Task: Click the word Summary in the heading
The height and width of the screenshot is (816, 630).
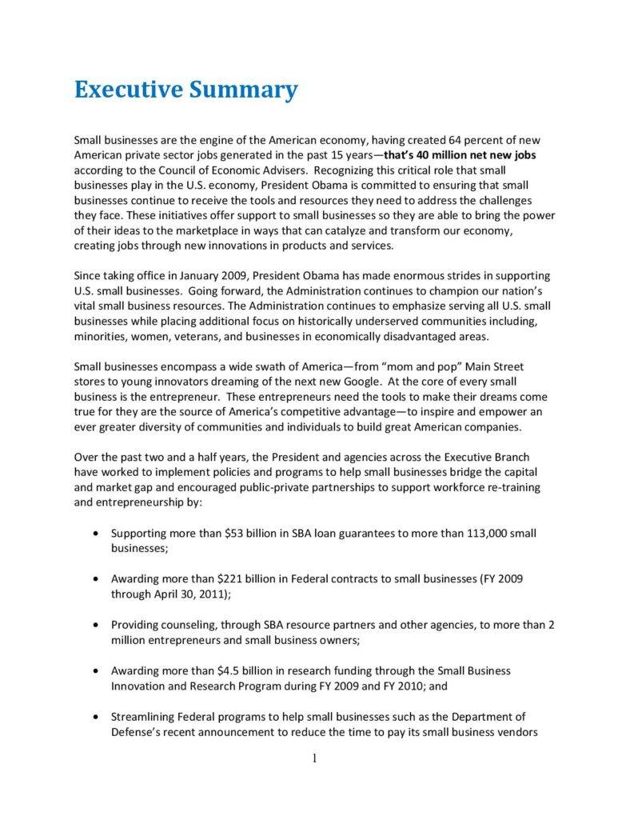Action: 244,89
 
